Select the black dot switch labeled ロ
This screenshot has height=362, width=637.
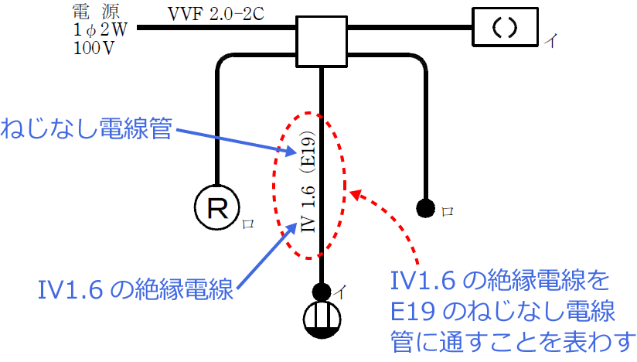[x=424, y=207]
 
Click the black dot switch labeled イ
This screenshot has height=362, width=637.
[x=320, y=292]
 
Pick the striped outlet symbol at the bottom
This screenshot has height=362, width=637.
[x=320, y=320]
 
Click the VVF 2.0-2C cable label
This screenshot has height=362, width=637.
[x=213, y=13]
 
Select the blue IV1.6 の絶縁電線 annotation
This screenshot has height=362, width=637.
[x=135, y=290]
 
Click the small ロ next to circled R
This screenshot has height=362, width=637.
[x=248, y=224]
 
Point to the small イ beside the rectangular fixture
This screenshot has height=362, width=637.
[x=550, y=39]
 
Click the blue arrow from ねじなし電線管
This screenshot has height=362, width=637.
[x=232, y=139]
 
